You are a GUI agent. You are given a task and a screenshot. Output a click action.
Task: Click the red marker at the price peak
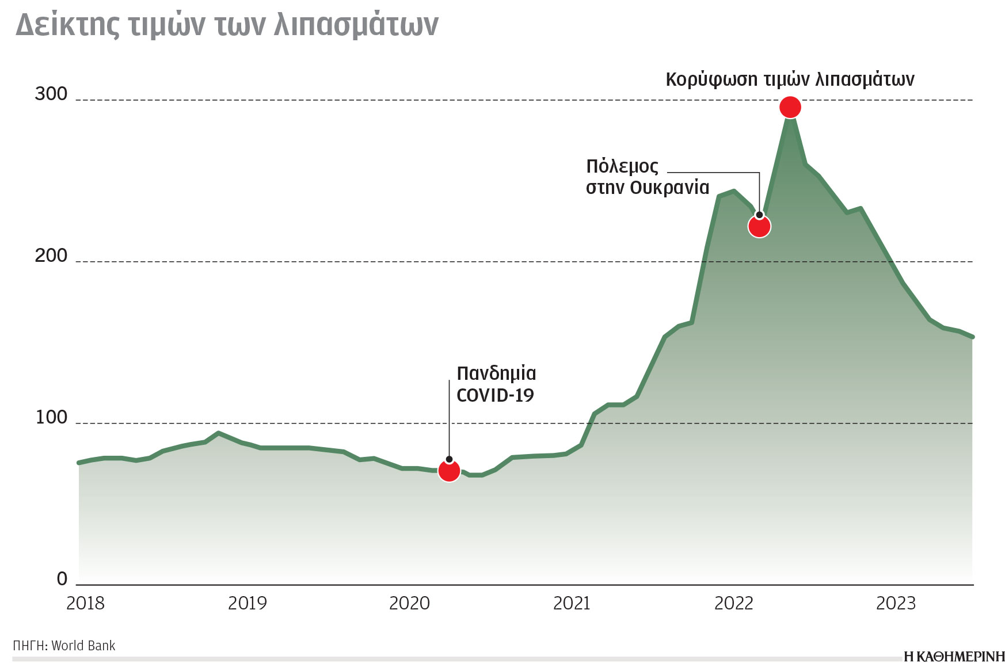coord(790,107)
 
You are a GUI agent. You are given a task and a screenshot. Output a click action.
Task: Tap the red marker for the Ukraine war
coord(759,226)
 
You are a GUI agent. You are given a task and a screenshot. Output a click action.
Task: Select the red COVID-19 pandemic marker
coord(449,471)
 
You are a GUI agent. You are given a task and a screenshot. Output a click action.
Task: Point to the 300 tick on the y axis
coord(51,94)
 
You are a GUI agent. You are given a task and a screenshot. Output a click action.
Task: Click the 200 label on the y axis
coord(51,256)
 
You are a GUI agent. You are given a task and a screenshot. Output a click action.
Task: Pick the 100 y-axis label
coord(51,417)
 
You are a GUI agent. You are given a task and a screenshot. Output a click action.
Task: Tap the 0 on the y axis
coord(62,579)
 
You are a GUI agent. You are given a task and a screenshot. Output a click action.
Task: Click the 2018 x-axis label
coord(85,603)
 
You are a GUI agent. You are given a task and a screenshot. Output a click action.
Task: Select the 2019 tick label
coord(248,603)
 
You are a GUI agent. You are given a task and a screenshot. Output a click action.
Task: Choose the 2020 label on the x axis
coord(409,603)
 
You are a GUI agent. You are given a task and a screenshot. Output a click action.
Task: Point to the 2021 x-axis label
coord(572,603)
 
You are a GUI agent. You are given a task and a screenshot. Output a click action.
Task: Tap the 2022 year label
coord(733,603)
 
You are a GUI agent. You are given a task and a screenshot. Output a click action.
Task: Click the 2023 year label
coord(896,603)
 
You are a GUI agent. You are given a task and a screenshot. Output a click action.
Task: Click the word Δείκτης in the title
coord(68,25)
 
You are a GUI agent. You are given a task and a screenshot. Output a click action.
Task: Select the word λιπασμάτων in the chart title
coord(356,25)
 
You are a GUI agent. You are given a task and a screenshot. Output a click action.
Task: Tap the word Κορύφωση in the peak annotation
coord(711,79)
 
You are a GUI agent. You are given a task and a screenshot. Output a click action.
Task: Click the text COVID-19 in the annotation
coord(495,395)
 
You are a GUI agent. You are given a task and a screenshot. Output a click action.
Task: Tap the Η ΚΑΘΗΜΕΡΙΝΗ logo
coord(954,657)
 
